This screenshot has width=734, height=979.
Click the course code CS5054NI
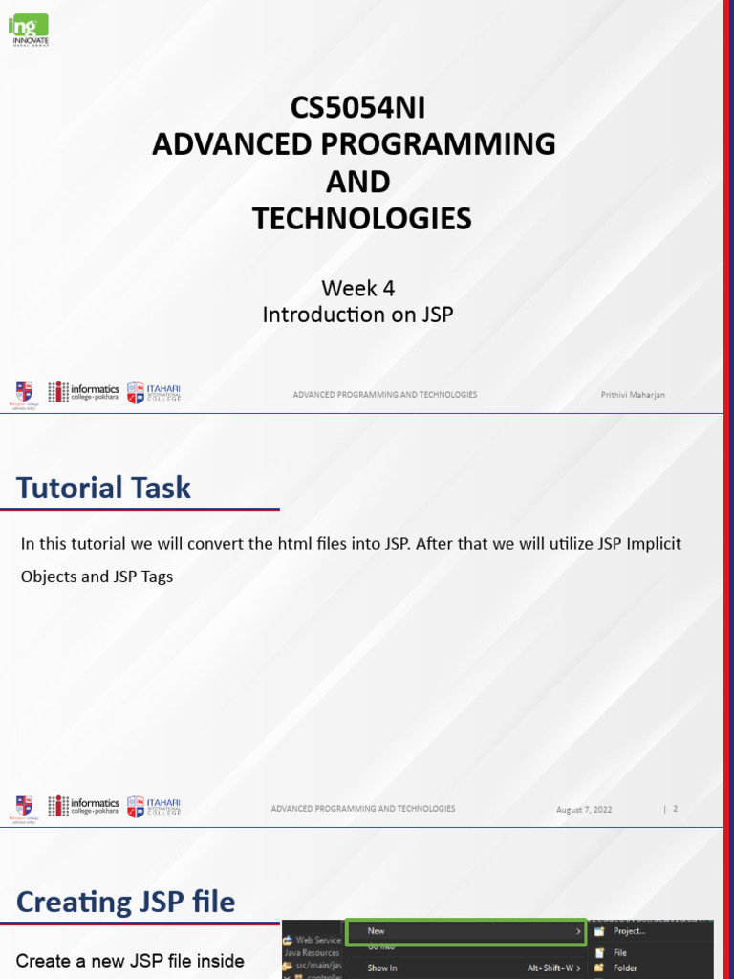pyautogui.click(x=356, y=107)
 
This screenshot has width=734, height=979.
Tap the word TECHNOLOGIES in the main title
pyautogui.click(x=361, y=219)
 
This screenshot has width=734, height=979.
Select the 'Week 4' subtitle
pyautogui.click(x=357, y=288)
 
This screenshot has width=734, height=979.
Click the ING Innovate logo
pyautogui.click(x=29, y=29)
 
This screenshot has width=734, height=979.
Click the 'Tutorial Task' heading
pyautogui.click(x=103, y=488)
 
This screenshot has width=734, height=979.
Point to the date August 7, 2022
pyautogui.click(x=584, y=810)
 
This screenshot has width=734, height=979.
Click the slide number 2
pyautogui.click(x=675, y=809)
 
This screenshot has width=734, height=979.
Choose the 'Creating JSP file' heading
pyautogui.click(x=125, y=902)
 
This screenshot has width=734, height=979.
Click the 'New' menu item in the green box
pyautogui.click(x=377, y=930)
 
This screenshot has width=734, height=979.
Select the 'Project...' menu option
pyautogui.click(x=629, y=930)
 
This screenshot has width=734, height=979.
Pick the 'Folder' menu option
pyautogui.click(x=625, y=968)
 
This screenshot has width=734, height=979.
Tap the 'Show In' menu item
pyautogui.click(x=382, y=968)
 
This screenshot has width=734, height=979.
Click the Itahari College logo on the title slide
pyautogui.click(x=154, y=393)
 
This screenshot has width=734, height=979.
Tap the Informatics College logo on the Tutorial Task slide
pyautogui.click(x=84, y=806)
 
